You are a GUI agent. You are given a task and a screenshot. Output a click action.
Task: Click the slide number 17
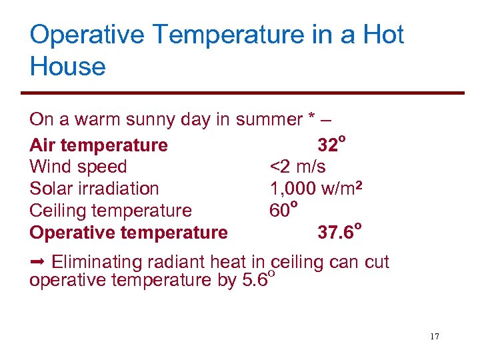[x=435, y=337]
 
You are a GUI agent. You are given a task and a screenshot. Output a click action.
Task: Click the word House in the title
[x=67, y=67]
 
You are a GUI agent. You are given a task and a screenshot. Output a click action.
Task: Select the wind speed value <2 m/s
[x=297, y=167]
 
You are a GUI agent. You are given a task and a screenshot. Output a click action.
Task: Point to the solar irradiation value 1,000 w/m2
[x=316, y=189]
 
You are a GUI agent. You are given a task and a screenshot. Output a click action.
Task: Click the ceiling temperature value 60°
[x=283, y=210]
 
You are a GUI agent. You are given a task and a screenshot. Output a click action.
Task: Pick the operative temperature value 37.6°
[x=339, y=232]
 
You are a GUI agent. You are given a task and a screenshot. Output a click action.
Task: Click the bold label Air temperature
[x=99, y=145]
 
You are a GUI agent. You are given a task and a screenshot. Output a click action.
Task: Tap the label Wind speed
[x=78, y=167]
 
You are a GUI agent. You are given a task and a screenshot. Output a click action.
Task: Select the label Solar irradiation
[x=94, y=189]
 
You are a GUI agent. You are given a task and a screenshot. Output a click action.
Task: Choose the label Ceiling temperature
[x=111, y=211]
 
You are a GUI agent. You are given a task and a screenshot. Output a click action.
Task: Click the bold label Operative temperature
[x=129, y=233]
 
